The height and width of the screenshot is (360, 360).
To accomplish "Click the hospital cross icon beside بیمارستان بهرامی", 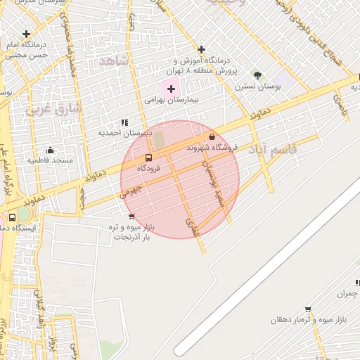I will (x=171, y=89).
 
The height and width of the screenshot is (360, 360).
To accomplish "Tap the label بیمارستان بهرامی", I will (x=172, y=101).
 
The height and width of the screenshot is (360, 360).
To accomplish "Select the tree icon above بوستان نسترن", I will (x=257, y=75).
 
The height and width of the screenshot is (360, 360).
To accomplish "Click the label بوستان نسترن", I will (x=258, y=86).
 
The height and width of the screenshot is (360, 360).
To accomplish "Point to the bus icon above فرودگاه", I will (x=148, y=157).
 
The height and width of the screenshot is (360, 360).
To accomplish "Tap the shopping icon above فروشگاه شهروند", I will (x=212, y=136).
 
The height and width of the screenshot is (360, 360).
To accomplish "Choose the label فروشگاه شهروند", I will (x=212, y=148).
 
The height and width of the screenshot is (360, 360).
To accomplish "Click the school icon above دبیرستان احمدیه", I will (x=125, y=122).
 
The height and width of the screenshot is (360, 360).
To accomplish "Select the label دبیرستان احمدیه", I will (x=125, y=132).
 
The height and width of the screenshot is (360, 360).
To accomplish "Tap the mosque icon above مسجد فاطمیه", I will (x=50, y=150).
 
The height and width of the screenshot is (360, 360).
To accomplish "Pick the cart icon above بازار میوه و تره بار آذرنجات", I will (x=132, y=217).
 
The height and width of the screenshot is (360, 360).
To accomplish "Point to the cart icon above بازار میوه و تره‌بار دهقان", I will (x=308, y=309).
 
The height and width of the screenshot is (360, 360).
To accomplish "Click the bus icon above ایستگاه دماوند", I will (x=13, y=217).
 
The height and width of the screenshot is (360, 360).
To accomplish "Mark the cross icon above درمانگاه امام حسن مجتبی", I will (x=27, y=34).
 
